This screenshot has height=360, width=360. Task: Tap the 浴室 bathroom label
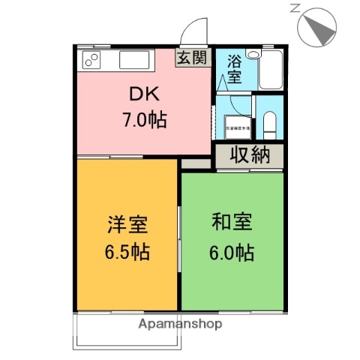tap(234, 68)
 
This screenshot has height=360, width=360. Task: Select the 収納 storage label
tap(250, 156)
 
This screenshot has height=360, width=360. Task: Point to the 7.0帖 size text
tap(144, 118)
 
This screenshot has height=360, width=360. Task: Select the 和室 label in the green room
tap(232, 222)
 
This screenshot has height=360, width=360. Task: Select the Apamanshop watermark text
tap(181, 324)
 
